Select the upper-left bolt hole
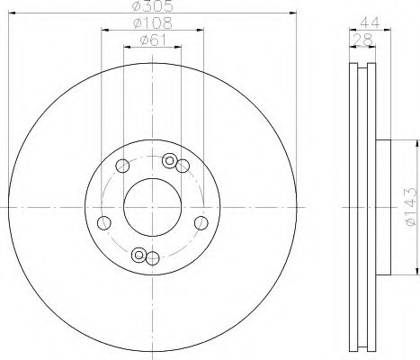121,164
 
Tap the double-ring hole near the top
168,160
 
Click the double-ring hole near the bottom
139,256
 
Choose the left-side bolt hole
103,223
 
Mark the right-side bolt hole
200,223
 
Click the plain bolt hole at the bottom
152,260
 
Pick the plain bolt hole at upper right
183,164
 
